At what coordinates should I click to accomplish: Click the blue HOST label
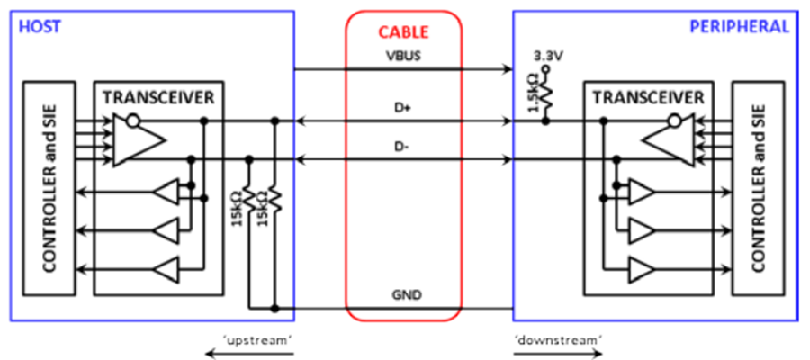click(x=40, y=26)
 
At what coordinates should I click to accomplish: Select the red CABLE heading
click(x=403, y=32)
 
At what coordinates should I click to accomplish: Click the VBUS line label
click(x=403, y=56)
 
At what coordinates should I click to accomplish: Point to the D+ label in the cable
click(x=403, y=110)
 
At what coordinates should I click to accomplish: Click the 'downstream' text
click(x=558, y=339)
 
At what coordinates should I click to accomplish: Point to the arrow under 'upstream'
click(x=250, y=354)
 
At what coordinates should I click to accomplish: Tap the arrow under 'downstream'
click(x=558, y=354)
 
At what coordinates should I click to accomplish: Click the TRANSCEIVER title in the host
click(x=158, y=96)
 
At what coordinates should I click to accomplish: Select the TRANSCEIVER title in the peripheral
click(x=648, y=96)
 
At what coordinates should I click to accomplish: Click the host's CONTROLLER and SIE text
click(x=49, y=188)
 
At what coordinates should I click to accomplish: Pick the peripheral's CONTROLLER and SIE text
click(x=757, y=188)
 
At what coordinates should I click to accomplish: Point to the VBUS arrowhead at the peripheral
click(x=508, y=68)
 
